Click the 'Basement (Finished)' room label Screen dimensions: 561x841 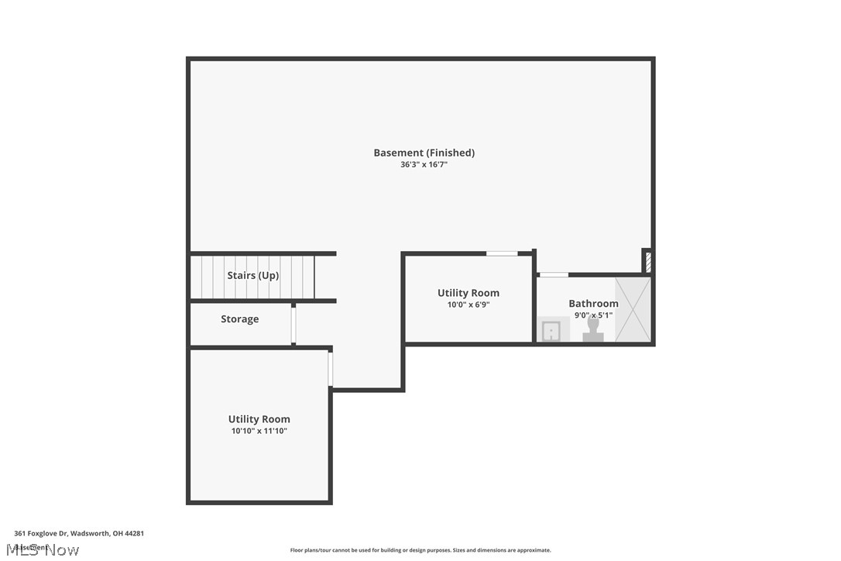[424, 153]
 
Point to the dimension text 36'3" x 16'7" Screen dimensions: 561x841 [424, 165]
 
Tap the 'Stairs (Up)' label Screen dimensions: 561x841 [253, 276]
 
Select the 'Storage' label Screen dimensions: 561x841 [239, 319]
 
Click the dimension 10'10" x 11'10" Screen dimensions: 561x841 [259, 432]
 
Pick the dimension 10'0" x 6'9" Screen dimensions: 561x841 [468, 305]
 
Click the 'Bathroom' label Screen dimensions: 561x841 [593, 304]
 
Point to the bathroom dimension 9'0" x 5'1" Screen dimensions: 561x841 [593, 315]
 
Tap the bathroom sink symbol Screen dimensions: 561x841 [551, 331]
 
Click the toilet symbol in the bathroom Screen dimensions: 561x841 [593, 331]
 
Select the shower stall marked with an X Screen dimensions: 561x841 [633, 308]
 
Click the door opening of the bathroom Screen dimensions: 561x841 [553, 274]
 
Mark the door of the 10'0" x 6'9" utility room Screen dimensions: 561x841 [502, 253]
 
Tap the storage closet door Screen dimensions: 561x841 [293, 325]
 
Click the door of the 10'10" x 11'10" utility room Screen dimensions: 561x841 [331, 370]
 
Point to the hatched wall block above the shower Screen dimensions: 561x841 [648, 262]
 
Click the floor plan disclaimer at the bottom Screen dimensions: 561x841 [420, 550]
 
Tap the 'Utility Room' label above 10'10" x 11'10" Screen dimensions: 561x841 [259, 419]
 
